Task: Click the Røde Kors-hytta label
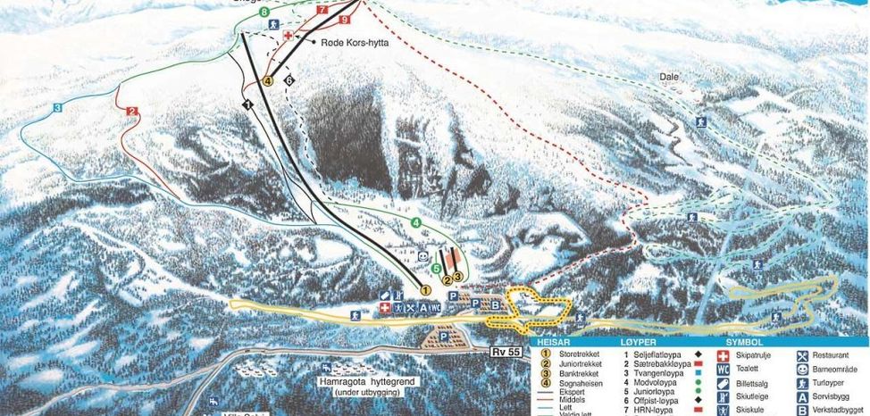click(x=355, y=41)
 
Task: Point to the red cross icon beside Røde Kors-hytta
click(x=289, y=34)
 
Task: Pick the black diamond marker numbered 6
click(x=289, y=80)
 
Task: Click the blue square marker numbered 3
click(x=56, y=108)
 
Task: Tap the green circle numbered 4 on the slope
click(x=415, y=221)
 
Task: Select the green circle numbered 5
click(x=436, y=268)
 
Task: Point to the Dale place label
click(x=669, y=77)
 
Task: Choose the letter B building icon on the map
click(x=496, y=304)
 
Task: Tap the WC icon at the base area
click(x=435, y=308)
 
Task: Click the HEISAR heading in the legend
click(x=556, y=341)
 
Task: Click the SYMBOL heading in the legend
click(x=744, y=341)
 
